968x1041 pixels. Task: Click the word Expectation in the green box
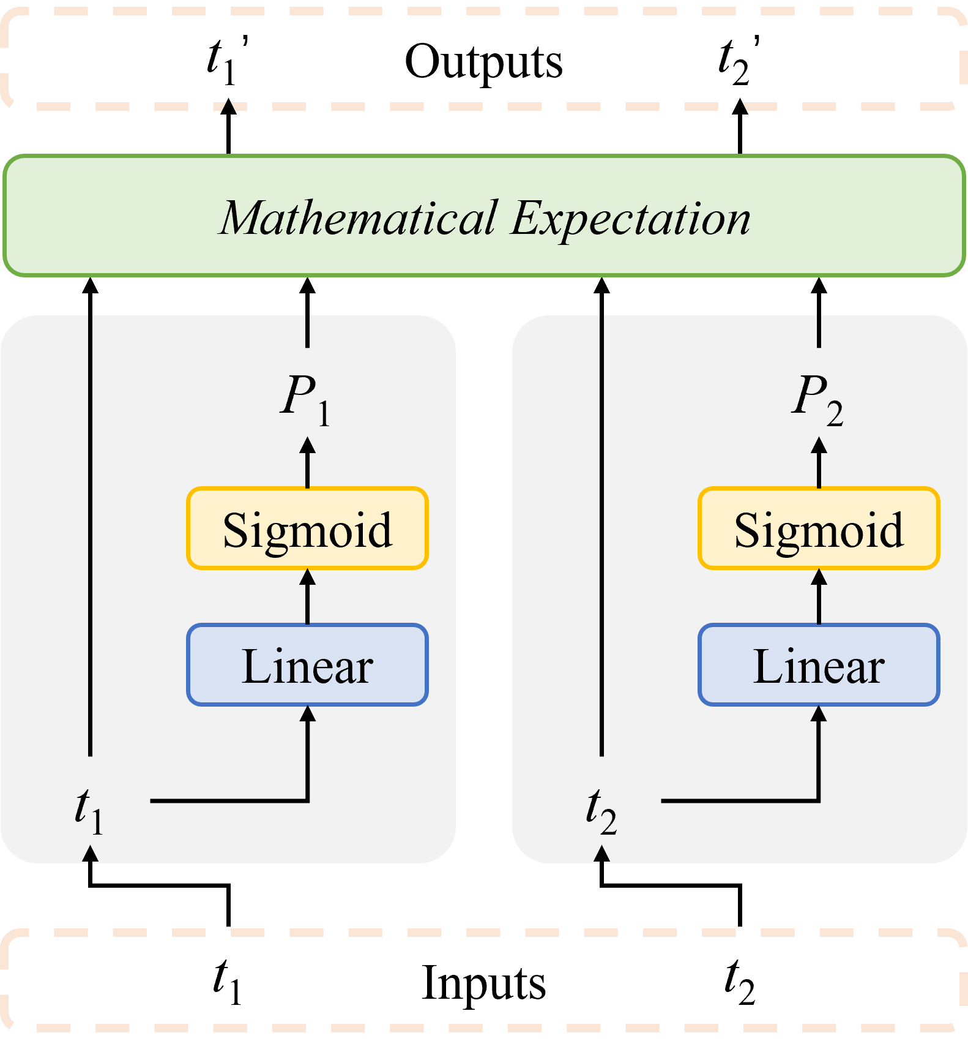click(x=631, y=219)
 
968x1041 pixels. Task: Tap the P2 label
click(x=817, y=398)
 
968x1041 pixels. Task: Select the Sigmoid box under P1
click(x=307, y=528)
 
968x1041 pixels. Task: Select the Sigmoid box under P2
click(x=819, y=528)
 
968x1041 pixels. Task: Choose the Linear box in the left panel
click(x=307, y=665)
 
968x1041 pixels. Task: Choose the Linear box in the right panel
click(x=819, y=665)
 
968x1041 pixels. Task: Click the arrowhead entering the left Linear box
click(x=307, y=714)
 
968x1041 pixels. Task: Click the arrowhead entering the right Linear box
click(x=819, y=714)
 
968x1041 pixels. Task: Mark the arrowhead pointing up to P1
click(x=307, y=446)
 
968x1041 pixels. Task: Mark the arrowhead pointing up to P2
click(x=819, y=446)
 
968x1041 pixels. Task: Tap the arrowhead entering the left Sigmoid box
click(x=307, y=577)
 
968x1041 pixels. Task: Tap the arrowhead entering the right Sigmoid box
click(x=819, y=577)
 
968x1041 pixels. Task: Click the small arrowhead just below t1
click(x=90, y=854)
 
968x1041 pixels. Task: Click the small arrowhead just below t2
click(x=601, y=854)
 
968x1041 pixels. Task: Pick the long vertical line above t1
click(x=90, y=533)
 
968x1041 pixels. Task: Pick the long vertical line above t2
click(x=601, y=533)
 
